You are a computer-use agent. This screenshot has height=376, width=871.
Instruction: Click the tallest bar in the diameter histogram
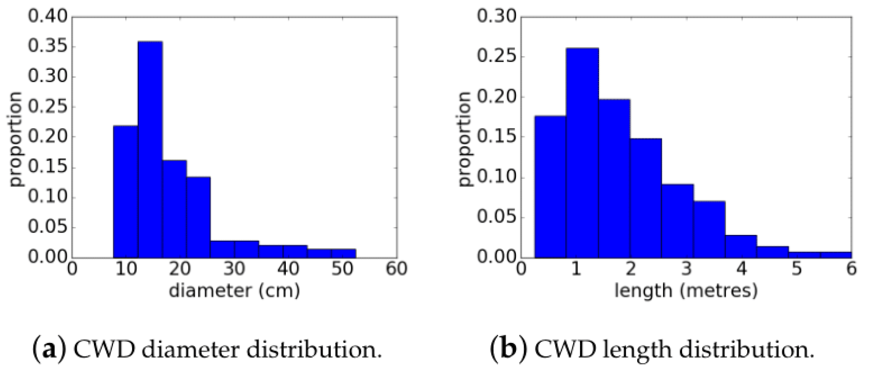click(150, 150)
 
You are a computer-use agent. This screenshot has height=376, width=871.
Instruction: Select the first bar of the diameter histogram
click(125, 191)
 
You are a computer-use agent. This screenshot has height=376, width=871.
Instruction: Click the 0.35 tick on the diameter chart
click(47, 47)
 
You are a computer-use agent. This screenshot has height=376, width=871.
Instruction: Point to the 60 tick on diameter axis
click(396, 269)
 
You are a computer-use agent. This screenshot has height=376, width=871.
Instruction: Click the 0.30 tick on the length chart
click(496, 17)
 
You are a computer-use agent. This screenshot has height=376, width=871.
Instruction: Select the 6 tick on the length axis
click(851, 269)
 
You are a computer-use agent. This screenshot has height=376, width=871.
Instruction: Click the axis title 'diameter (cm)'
click(234, 291)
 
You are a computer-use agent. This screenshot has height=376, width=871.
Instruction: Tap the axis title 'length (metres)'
click(686, 291)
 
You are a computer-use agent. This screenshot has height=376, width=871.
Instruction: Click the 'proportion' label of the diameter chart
click(17, 138)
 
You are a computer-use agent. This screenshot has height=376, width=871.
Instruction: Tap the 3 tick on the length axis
click(686, 269)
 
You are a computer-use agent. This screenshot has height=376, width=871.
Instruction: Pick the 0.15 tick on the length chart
click(496, 137)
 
